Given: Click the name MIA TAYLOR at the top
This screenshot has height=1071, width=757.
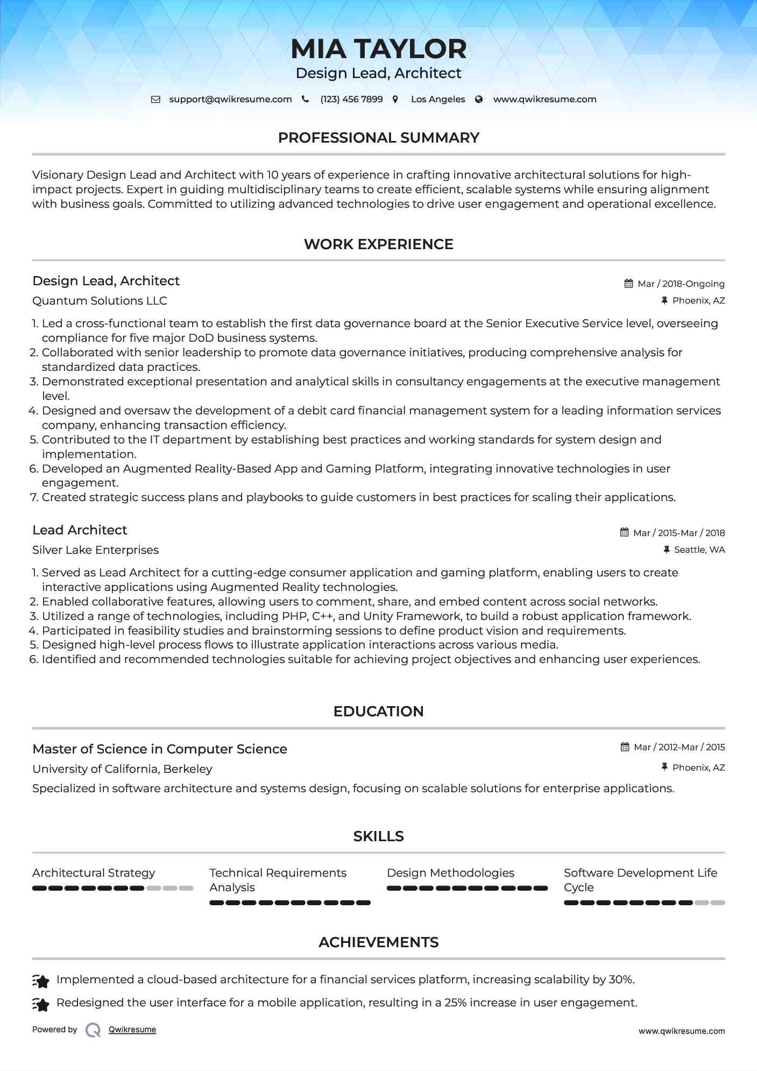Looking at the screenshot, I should [x=378, y=49].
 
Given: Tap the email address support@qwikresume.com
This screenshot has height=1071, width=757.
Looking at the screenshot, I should [x=230, y=100].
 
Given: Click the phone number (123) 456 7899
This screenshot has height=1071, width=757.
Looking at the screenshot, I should [x=351, y=100].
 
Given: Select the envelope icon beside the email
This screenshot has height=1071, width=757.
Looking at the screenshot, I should [x=155, y=100].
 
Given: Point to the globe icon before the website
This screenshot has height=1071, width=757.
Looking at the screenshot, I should [x=479, y=100].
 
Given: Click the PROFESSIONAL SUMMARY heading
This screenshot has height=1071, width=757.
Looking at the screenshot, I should [x=378, y=138].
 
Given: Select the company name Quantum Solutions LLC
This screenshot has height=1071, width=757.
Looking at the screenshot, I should [x=100, y=301].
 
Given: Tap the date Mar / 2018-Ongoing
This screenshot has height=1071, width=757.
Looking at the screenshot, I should [x=681, y=284].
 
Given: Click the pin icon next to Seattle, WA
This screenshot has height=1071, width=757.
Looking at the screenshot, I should [x=667, y=549].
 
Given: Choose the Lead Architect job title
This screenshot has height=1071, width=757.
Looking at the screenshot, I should [x=80, y=530].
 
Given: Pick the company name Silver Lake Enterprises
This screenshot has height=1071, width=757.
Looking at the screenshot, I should [x=95, y=550].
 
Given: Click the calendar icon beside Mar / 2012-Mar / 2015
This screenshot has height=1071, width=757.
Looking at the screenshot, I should [x=625, y=747].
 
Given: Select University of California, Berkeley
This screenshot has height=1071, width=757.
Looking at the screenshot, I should [x=122, y=769].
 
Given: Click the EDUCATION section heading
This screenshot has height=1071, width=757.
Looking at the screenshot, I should [x=378, y=711].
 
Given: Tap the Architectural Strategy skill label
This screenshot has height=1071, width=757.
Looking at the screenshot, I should [x=94, y=873].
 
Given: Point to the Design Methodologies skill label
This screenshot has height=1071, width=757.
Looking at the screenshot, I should [x=450, y=873].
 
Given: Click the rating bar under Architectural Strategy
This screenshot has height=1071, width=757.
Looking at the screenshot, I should [x=112, y=889].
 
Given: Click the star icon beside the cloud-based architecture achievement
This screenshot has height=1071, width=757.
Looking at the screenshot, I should [x=41, y=981].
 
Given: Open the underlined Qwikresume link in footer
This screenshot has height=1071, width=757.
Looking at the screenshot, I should [x=132, y=1030].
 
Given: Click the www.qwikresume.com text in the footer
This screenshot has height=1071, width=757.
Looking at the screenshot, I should [x=681, y=1031].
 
